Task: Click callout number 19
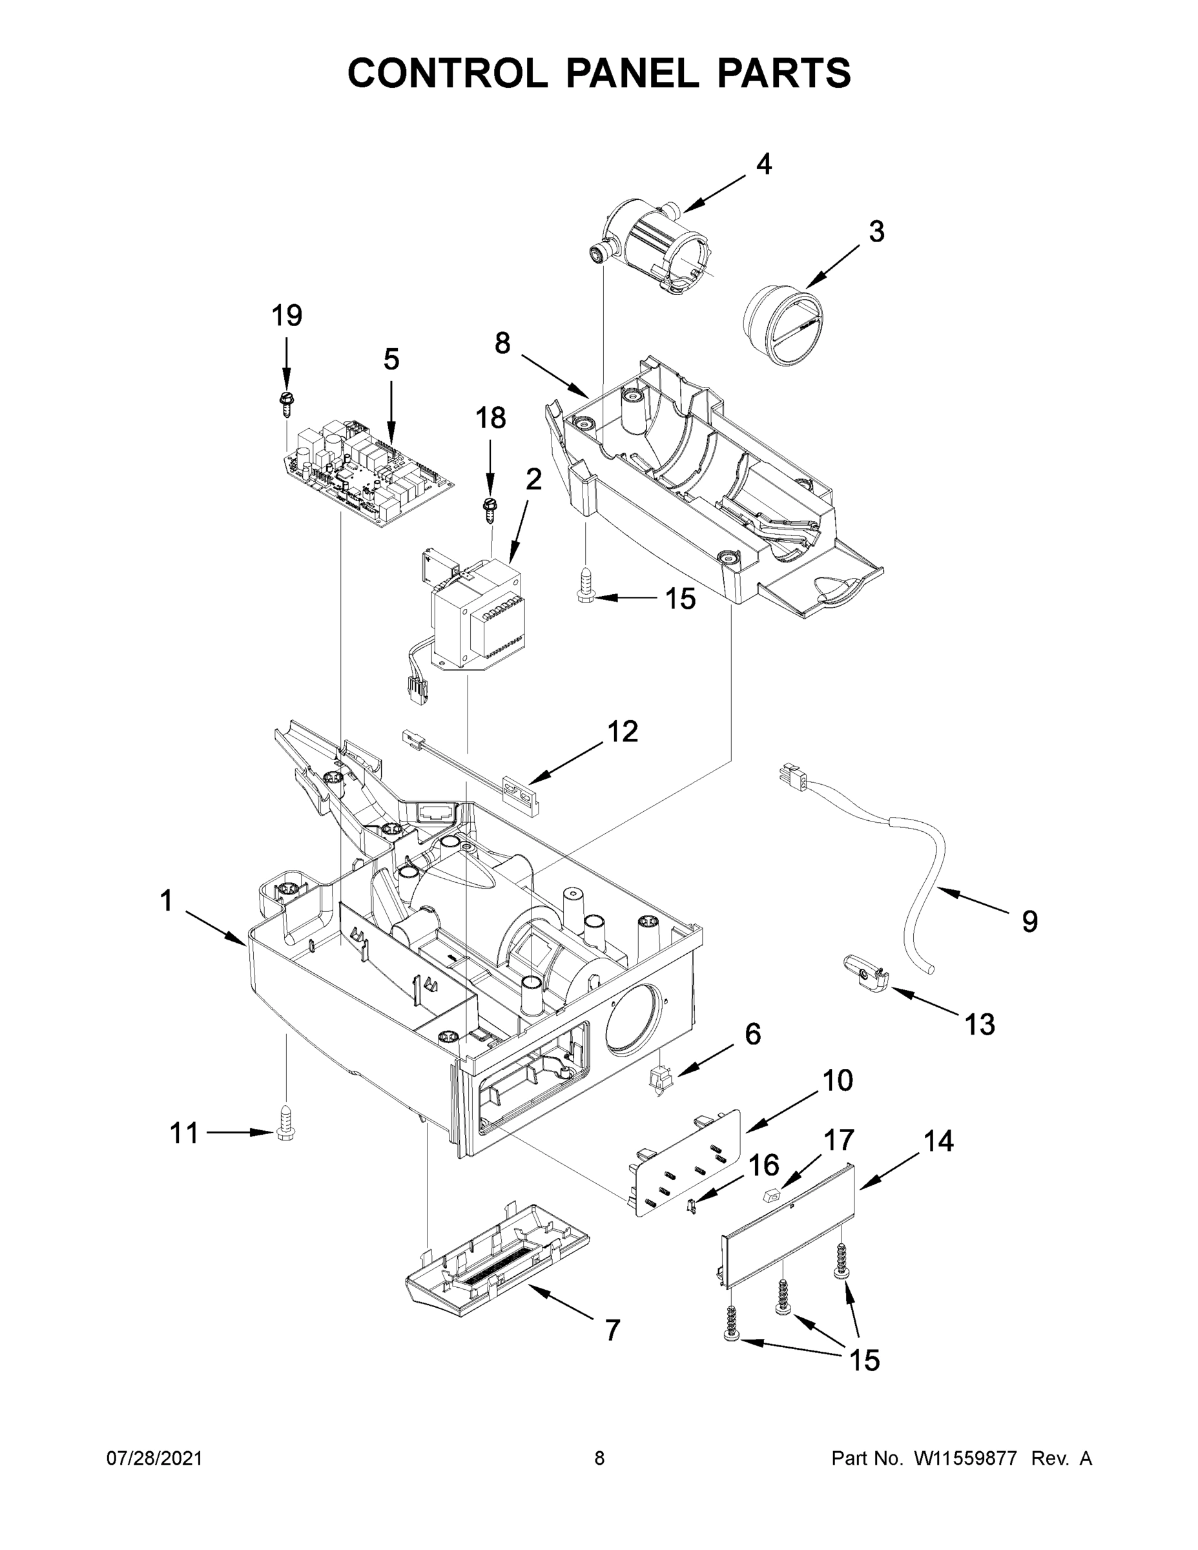(287, 316)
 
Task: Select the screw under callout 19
(287, 403)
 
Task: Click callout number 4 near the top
(763, 165)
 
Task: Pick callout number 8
(502, 344)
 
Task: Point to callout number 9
(1029, 921)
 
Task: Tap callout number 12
(622, 732)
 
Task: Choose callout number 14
(938, 1141)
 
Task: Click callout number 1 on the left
(166, 902)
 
